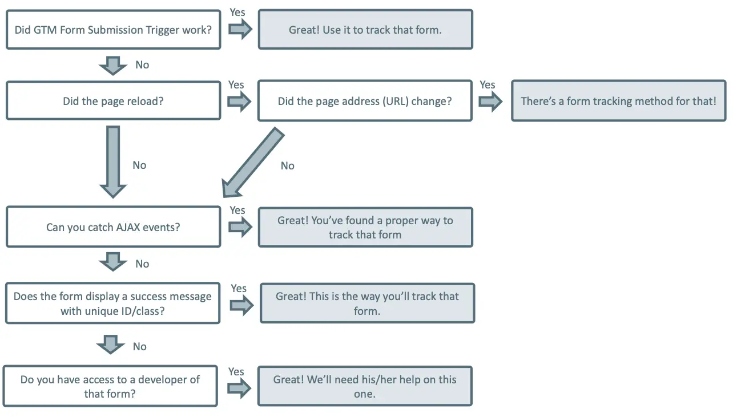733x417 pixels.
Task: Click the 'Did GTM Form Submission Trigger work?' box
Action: point(113,29)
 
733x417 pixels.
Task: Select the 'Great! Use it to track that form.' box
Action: point(365,29)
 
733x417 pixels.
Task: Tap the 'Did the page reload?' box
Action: point(113,101)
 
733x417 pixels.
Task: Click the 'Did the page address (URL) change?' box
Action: point(365,101)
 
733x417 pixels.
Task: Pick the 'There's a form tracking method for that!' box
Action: point(618,101)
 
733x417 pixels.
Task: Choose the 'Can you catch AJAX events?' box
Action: point(113,227)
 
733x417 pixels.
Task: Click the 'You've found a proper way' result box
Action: point(365,227)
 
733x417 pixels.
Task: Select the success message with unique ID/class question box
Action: point(112,303)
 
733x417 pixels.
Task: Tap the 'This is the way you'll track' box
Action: point(367,303)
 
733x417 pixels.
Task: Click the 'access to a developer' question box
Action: point(110,386)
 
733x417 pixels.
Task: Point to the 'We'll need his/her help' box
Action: point(365,386)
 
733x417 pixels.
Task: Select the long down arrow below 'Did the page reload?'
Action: point(113,161)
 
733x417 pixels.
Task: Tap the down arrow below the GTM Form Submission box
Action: point(113,65)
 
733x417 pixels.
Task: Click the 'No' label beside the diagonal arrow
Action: point(287,166)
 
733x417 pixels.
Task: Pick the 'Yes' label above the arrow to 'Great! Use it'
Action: point(237,11)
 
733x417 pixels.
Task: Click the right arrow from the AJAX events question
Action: point(240,227)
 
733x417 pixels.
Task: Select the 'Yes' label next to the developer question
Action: point(236,371)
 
